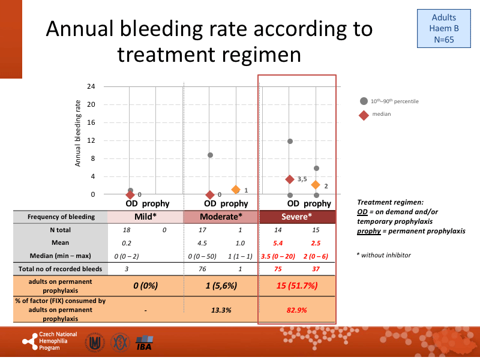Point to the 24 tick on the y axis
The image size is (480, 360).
[91, 86]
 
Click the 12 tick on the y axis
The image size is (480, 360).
[91, 140]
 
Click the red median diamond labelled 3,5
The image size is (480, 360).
[290, 179]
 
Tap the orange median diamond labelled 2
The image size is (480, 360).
[316, 185]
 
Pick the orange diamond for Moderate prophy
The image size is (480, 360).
[236, 190]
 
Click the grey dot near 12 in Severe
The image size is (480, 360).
[290, 141]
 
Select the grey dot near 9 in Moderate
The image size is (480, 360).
[210, 155]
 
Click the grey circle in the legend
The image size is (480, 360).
[363, 101]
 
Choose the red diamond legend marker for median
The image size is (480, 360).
[363, 115]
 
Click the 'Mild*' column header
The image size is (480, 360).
[145, 217]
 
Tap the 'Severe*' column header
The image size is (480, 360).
[296, 217]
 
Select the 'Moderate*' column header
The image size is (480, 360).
[221, 217]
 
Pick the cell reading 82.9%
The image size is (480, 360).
[296, 311]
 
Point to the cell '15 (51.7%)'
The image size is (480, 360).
[296, 286]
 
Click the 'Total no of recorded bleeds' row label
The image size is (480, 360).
[59, 269]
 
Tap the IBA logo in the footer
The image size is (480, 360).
[144, 344]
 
